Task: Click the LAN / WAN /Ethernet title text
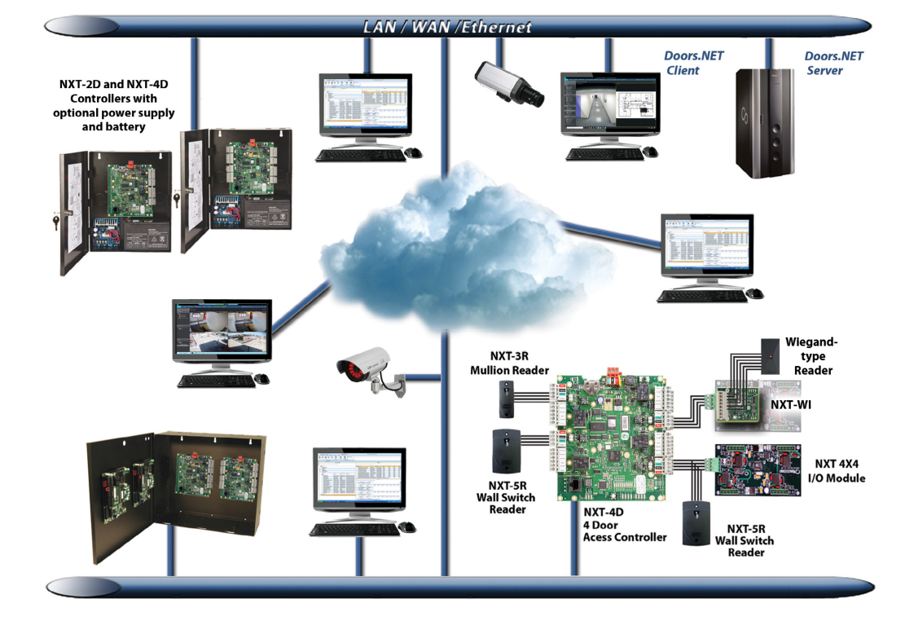[447, 27]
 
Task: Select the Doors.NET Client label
[693, 63]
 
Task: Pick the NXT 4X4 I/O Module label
[839, 471]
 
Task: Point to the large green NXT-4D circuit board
[611, 436]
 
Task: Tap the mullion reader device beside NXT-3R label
[504, 398]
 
